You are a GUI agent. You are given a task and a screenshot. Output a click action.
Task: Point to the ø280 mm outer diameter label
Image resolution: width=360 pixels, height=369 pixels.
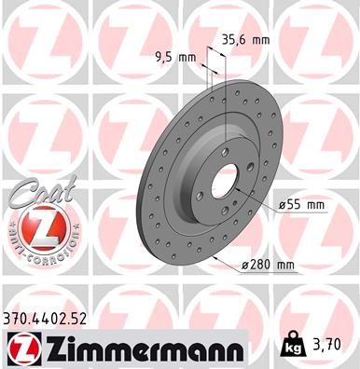pyautogui.click(x=268, y=266)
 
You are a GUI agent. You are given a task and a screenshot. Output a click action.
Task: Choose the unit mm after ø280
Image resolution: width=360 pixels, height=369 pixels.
pyautogui.click(x=285, y=266)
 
